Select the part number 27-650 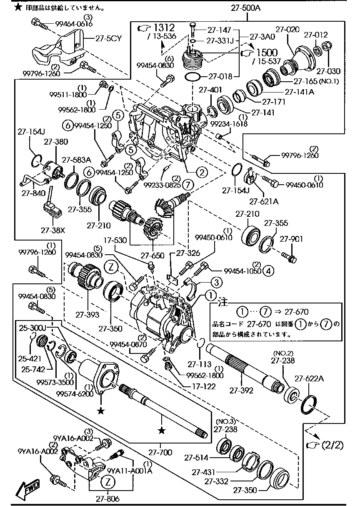click(x=152, y=255)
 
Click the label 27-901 click(x=291, y=239)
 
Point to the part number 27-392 click(x=240, y=391)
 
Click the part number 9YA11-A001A click(x=130, y=471)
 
